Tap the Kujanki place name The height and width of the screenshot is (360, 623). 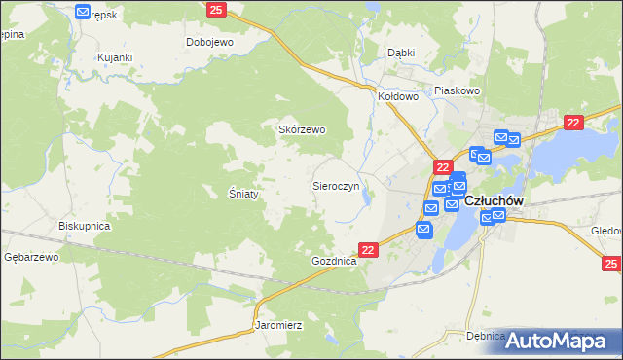pyautogui.click(x=114, y=57)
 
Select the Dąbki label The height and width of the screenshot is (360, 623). pyautogui.click(x=401, y=53)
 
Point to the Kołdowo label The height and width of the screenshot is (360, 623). pyautogui.click(x=398, y=96)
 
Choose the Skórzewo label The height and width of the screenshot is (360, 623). pyautogui.click(x=303, y=129)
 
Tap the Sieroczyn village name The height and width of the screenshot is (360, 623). pyautogui.click(x=336, y=184)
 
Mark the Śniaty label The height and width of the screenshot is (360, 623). pyautogui.click(x=242, y=194)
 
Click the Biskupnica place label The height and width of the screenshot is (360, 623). pyautogui.click(x=85, y=226)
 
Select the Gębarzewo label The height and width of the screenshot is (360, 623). pyautogui.click(x=31, y=257)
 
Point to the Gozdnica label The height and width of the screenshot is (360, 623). pyautogui.click(x=335, y=263)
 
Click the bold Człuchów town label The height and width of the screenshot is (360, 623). pyautogui.click(x=495, y=200)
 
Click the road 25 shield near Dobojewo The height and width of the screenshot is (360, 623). pyautogui.click(x=217, y=10)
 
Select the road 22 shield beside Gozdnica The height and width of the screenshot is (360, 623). pyautogui.click(x=368, y=250)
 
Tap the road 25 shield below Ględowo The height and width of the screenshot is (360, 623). pyautogui.click(x=611, y=264)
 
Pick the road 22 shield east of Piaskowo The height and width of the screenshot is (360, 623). pyautogui.click(x=573, y=122)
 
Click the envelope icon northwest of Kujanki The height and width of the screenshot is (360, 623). pyautogui.click(x=83, y=12)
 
